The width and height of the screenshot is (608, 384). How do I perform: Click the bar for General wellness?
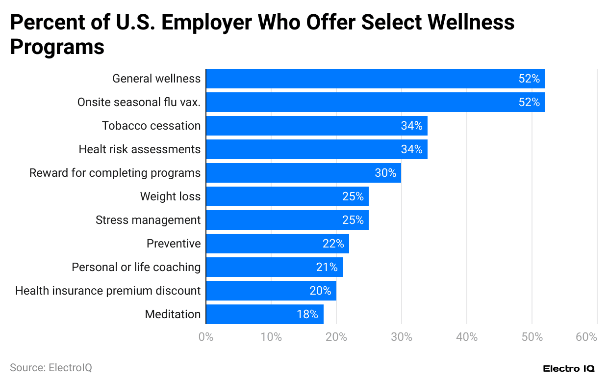click(375, 79)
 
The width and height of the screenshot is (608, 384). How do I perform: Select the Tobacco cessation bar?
click(316, 126)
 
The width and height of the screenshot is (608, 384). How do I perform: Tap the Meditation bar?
click(265, 314)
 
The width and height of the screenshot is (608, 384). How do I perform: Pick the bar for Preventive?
click(278, 244)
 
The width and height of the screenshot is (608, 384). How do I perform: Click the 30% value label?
click(385, 173)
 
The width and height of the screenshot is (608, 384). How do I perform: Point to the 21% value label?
click(327, 267)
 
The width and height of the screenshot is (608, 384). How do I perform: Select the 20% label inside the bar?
click(320, 291)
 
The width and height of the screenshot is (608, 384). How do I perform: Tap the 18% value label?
click(307, 314)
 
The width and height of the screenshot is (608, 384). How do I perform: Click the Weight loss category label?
click(170, 196)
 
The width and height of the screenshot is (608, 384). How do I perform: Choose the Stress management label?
click(148, 220)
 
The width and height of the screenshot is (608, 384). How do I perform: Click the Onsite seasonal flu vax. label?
click(139, 102)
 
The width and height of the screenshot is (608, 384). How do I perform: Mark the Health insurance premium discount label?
click(108, 291)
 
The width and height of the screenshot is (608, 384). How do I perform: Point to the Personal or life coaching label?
click(136, 267)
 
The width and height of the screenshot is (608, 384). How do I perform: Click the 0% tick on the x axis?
click(206, 337)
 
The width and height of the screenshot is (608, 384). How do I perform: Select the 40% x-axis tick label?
click(467, 337)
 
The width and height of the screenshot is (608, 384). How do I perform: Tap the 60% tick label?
click(586, 337)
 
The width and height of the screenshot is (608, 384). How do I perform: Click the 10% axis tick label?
click(271, 337)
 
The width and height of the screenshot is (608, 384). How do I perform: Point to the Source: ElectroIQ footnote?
click(51, 367)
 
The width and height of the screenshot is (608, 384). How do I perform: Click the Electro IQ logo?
click(569, 368)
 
